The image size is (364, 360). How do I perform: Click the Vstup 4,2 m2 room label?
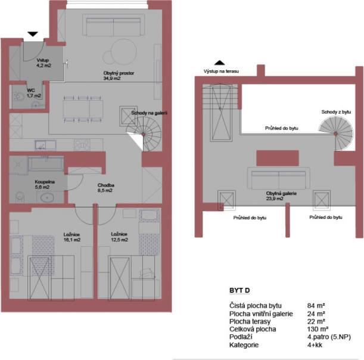pos(43,63)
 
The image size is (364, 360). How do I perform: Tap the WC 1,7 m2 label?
pos(34,93)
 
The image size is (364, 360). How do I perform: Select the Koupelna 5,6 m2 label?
pos(45,184)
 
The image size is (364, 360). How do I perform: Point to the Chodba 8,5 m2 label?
pos(105,188)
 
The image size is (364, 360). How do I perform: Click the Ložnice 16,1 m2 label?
pos(71,237)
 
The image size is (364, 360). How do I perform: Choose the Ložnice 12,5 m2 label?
pos(119,237)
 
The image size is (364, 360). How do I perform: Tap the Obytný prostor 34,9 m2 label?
pos(119,76)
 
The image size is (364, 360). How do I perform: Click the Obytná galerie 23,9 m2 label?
pos(281,195)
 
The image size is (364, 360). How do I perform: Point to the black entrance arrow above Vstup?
pos(33,34)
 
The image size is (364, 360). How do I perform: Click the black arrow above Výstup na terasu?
pos(219,63)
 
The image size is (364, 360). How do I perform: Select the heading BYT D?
pos(239,290)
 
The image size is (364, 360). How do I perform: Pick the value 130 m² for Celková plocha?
pos(318,330)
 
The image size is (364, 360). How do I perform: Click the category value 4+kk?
pos(315,345)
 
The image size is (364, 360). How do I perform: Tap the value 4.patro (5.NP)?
pos(329,337)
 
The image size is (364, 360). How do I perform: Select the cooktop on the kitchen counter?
pos(82,145)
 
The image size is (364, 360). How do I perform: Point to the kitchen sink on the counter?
pos(45,145)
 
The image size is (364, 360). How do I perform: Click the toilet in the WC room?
pos(18,97)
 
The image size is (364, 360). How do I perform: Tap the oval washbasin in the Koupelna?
pos(47,198)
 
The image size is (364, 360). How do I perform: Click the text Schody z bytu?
pos(336,112)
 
